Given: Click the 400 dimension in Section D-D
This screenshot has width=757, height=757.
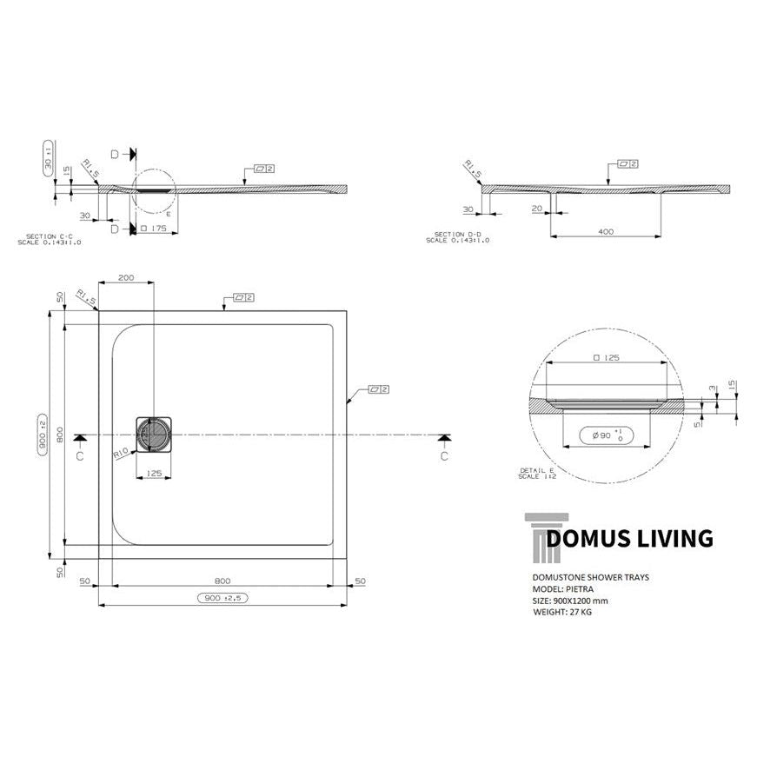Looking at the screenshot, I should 606,232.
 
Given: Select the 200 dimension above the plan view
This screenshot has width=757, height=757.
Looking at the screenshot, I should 126,277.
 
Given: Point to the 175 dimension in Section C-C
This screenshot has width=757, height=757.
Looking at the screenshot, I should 156,229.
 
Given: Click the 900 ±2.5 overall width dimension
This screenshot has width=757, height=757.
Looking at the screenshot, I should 222,598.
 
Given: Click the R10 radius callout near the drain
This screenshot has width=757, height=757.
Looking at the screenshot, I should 121,454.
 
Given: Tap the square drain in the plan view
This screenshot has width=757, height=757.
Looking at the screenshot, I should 154,434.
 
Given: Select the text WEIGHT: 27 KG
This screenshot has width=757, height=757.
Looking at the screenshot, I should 562,612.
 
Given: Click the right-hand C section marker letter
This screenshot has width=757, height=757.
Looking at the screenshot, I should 443,455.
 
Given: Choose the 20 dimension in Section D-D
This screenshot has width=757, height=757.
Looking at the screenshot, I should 537,209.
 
